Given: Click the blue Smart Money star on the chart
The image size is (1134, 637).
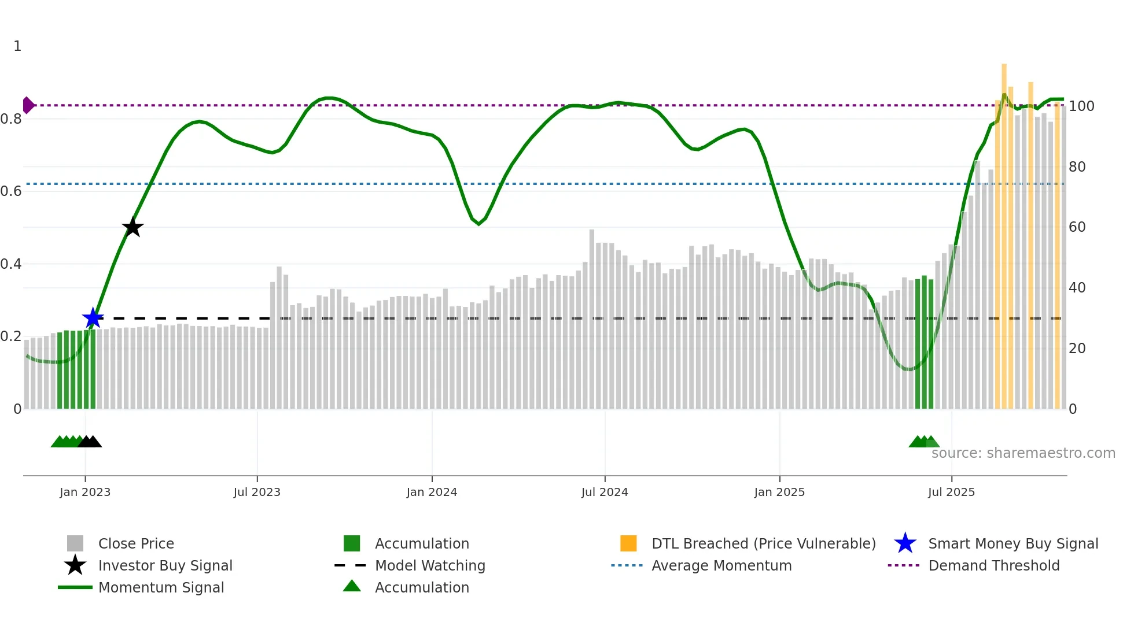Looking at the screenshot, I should (93, 318).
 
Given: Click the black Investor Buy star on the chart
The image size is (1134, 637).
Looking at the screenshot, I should (132, 227).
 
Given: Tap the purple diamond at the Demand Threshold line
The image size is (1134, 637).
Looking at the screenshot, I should (28, 105).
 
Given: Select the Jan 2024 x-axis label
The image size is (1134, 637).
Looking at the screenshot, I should (432, 492).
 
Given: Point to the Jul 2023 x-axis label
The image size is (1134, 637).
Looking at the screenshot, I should (257, 492).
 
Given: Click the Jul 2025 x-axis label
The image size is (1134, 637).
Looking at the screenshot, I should (951, 492).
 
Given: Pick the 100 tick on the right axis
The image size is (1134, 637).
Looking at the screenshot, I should (1081, 106).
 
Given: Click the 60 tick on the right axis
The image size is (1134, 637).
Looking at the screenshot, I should (1077, 227).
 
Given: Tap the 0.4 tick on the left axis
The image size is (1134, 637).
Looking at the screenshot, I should (11, 264).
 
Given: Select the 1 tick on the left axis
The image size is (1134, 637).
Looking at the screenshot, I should (17, 46).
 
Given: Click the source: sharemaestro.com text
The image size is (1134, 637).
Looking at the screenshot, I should (1023, 453).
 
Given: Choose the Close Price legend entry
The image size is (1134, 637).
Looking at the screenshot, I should (136, 543).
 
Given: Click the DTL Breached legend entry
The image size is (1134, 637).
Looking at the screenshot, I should (763, 543).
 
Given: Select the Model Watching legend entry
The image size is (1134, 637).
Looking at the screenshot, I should (429, 565).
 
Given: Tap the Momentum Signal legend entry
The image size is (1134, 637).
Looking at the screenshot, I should (161, 587).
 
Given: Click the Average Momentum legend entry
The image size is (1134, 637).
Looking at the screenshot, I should (721, 565).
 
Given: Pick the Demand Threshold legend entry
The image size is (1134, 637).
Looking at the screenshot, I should (993, 565).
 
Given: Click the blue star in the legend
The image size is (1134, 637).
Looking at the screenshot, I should (905, 543).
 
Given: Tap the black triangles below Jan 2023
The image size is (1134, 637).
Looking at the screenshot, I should (90, 442).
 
